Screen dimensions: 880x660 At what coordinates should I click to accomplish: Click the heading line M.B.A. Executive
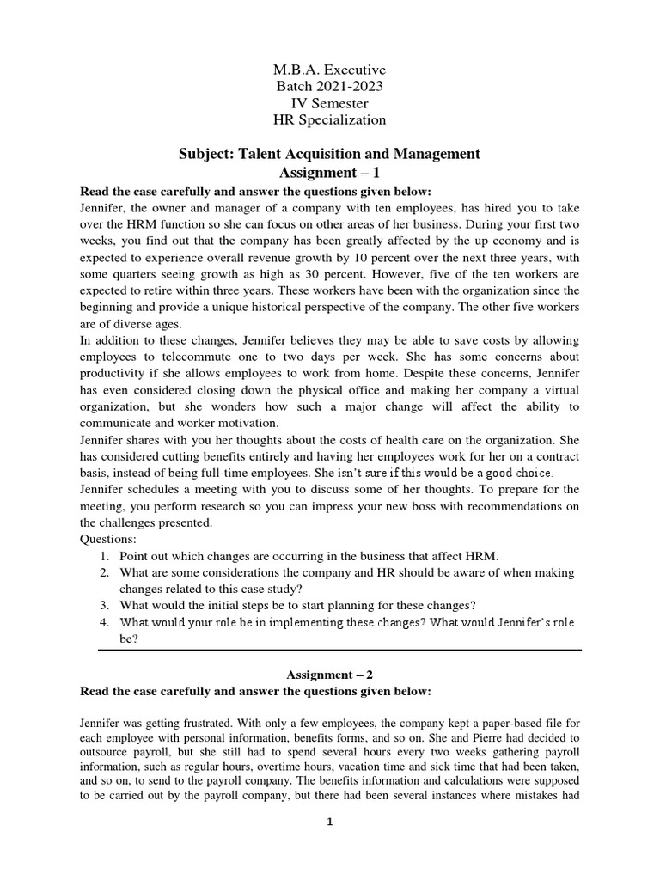coord(329,69)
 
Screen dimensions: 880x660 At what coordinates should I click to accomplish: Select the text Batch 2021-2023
coord(329,86)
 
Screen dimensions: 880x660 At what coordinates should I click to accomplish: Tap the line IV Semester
coord(329,103)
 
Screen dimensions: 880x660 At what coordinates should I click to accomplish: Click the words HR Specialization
coord(329,120)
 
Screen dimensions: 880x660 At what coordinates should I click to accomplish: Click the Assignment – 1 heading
coord(329,172)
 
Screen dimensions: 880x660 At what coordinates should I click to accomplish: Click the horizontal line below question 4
coord(339,651)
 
